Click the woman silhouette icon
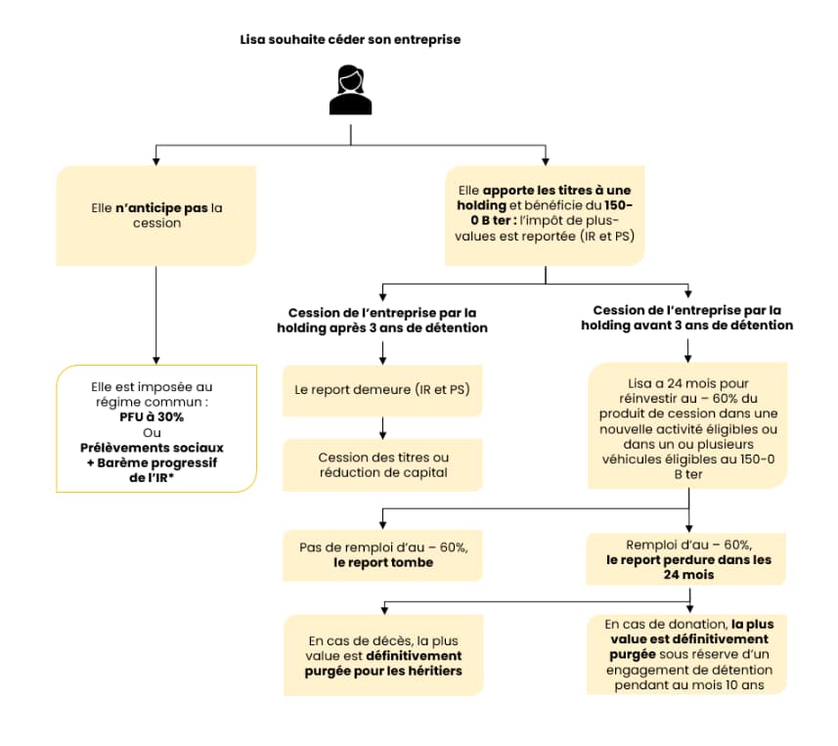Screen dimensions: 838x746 click(x=351, y=90)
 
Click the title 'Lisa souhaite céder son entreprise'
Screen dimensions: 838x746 click(x=350, y=39)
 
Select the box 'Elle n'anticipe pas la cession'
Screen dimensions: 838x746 click(x=156, y=215)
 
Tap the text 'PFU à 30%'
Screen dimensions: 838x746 click(x=152, y=417)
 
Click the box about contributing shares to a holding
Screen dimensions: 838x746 click(x=545, y=215)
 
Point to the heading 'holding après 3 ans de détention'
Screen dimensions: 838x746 click(x=382, y=328)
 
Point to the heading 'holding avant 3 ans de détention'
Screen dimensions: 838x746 click(x=687, y=325)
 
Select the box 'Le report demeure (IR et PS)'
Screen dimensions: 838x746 click(x=382, y=391)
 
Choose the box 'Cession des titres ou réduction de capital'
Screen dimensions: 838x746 click(x=382, y=465)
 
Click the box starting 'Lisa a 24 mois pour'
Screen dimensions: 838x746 click(x=687, y=426)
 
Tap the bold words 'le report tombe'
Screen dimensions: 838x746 click(x=383, y=562)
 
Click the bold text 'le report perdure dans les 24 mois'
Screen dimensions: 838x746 click(x=689, y=567)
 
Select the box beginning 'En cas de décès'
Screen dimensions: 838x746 click(x=383, y=655)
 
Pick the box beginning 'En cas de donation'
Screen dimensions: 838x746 click(x=686, y=655)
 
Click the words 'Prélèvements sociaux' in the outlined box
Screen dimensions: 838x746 click(x=152, y=447)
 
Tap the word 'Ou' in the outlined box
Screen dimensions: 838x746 click(x=152, y=432)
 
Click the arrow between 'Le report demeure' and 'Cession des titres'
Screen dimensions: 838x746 click(x=382, y=428)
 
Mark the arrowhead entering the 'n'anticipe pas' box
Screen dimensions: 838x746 click(x=156, y=162)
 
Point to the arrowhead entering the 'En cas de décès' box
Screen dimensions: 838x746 click(x=384, y=611)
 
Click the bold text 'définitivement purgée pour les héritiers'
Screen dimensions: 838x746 click(x=383, y=663)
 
